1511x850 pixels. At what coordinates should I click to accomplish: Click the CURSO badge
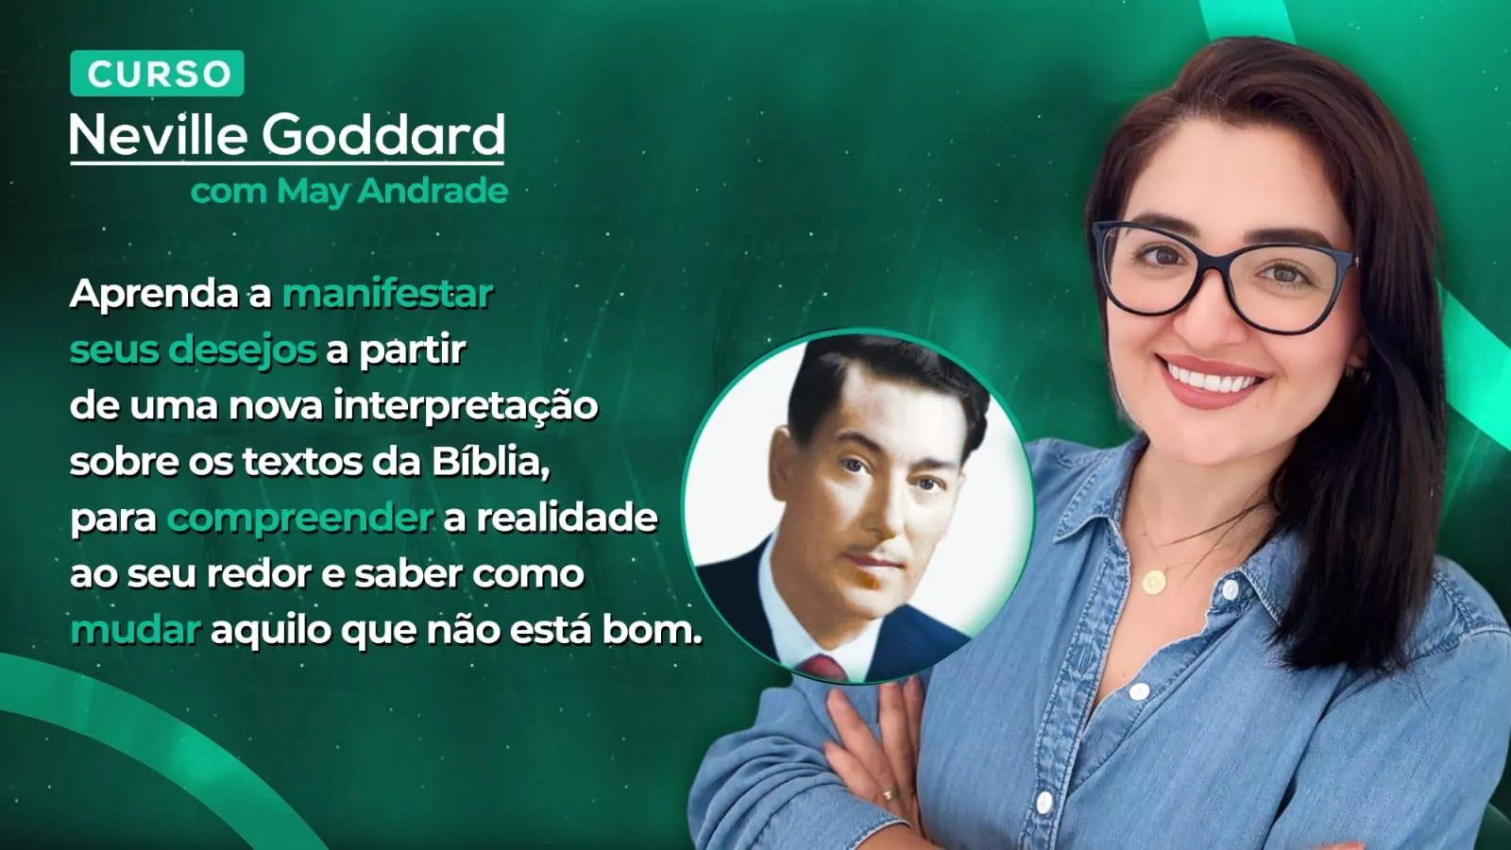tap(157, 74)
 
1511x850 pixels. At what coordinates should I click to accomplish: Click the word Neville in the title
tap(158, 135)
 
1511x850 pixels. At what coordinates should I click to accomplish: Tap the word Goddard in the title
tap(383, 135)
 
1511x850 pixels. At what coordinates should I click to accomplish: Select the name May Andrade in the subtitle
tap(392, 192)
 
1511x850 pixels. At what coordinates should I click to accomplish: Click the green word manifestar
tap(388, 294)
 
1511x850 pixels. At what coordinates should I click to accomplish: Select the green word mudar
tap(135, 630)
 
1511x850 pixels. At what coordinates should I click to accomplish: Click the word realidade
tap(567, 518)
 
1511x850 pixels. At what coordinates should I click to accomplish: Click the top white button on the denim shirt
tap(1229, 590)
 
